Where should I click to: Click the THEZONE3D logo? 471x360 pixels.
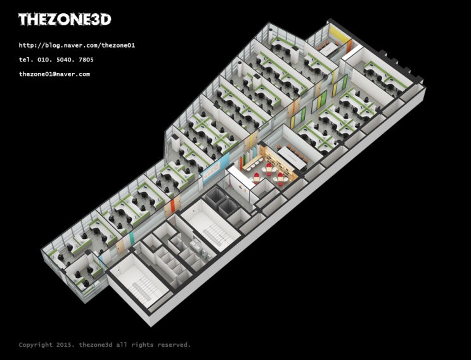click(x=65, y=20)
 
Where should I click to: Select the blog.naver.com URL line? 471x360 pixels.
click(x=77, y=46)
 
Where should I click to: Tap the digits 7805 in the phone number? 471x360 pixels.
click(x=86, y=60)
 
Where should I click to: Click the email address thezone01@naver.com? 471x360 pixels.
click(x=55, y=74)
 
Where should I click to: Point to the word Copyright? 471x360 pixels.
click(x=35, y=345)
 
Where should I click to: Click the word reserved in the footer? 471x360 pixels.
click(x=174, y=345)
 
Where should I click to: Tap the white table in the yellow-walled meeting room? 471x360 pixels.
click(x=328, y=48)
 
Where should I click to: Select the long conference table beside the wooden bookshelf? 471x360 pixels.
click(x=292, y=157)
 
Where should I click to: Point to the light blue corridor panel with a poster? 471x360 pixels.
click(x=215, y=168)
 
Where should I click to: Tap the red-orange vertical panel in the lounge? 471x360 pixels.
click(x=242, y=164)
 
